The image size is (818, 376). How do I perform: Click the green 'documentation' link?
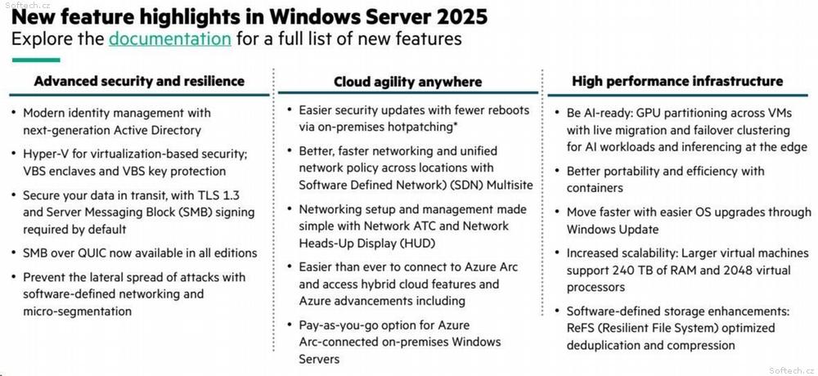pos(170,39)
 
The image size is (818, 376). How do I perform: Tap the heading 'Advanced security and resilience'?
pos(139,81)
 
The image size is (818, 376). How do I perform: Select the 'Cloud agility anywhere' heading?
pos(408,82)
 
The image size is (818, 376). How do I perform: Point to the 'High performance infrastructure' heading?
pos(677,81)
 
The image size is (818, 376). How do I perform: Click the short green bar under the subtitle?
pos(36,60)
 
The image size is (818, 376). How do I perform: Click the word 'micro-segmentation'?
pos(77,311)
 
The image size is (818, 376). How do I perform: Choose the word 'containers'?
pos(596,188)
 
